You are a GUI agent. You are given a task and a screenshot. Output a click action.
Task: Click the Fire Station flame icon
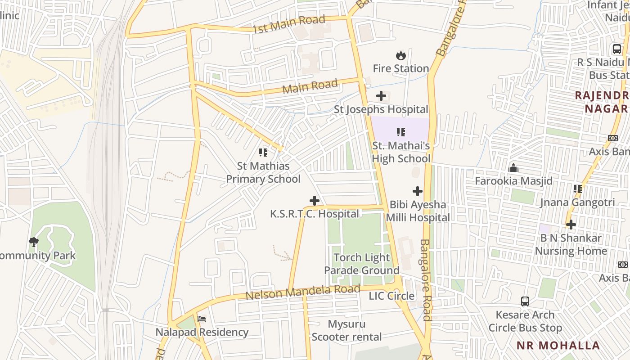coord(400,55)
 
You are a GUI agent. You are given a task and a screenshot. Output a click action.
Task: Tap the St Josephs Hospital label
coord(381,109)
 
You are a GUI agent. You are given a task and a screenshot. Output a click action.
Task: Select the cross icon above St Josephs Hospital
coord(381,96)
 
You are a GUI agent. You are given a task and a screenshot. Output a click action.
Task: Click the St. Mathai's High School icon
coord(400,132)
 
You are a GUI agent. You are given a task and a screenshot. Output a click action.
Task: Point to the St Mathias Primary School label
coord(263,172)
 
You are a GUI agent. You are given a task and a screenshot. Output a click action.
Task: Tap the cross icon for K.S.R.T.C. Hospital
coord(315,201)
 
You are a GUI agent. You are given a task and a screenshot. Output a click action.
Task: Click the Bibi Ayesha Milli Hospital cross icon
coord(418,191)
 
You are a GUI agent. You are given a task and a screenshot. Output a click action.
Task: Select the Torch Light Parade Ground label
coord(362,264)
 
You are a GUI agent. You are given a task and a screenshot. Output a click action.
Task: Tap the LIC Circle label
coord(391,296)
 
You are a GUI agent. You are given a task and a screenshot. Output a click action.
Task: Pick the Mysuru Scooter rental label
coord(346,330)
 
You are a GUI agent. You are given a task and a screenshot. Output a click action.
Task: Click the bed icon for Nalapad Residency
coord(202,319)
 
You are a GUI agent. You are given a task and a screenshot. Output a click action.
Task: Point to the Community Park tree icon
coord(33,242)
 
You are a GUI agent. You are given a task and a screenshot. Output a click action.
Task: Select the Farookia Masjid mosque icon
coord(513,168)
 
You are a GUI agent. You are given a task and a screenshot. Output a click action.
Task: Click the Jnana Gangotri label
coord(577,202)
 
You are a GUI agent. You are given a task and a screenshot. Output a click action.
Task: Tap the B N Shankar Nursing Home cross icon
coord(571,224)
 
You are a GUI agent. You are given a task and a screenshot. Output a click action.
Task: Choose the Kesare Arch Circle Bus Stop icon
coord(525,301)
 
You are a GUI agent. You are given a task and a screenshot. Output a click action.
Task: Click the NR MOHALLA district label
coord(558,346)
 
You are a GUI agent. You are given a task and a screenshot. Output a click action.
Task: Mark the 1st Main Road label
coord(288,24)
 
